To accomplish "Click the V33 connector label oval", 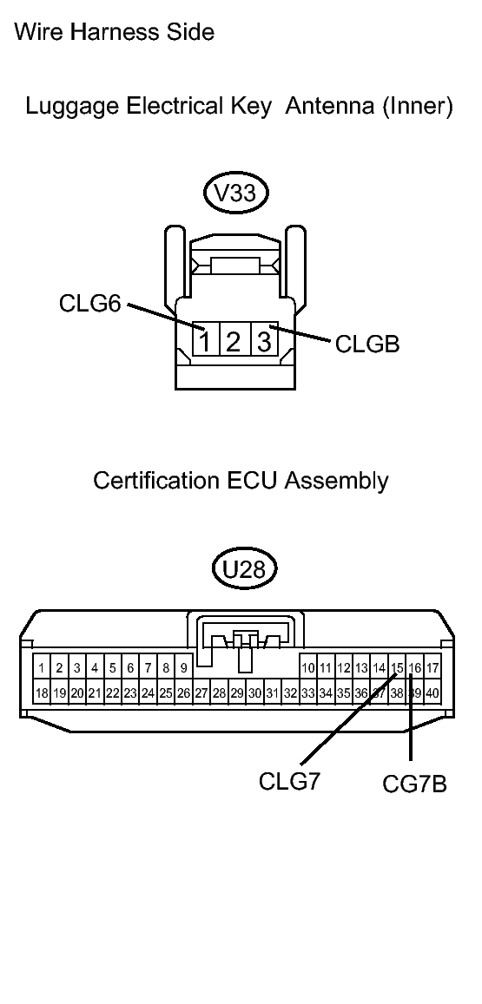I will click(234, 193).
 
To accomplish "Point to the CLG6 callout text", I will click(89, 305).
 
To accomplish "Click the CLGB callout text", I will click(366, 345).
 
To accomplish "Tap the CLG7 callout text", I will click(290, 780).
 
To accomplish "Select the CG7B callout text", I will click(415, 784).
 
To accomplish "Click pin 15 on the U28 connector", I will click(397, 668).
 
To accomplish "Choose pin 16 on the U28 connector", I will click(415, 668).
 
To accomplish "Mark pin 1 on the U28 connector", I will click(42, 668).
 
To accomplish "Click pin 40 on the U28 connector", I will click(432, 693).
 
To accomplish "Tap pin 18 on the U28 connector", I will click(42, 693).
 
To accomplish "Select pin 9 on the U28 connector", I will click(183, 668).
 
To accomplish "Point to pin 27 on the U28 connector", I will click(201, 693).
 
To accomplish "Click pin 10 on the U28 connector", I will click(308, 668).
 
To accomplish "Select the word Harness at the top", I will click(116, 33).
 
